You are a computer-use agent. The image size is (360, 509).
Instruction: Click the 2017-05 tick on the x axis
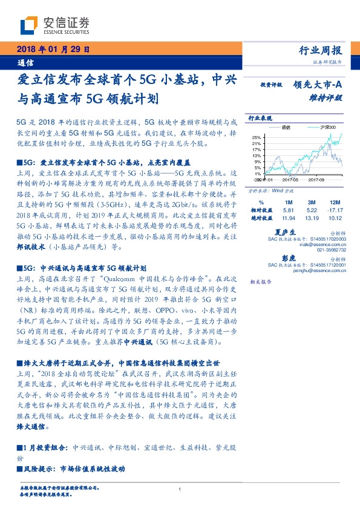[x=292, y=180]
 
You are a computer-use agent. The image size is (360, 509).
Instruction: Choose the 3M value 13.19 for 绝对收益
[x=311, y=218]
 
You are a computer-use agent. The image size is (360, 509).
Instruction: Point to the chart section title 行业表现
[x=260, y=118]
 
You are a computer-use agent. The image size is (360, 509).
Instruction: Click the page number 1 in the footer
[x=180, y=490]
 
